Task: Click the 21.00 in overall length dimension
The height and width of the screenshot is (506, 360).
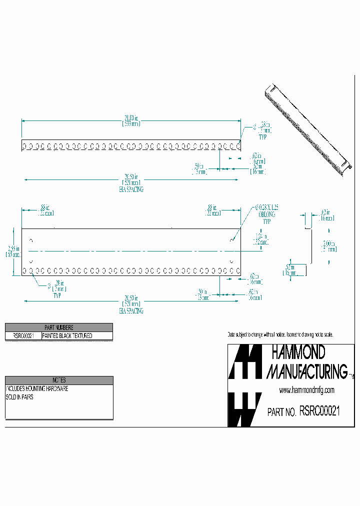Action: pos(131,120)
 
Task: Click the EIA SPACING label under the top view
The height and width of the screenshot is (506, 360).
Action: pos(131,189)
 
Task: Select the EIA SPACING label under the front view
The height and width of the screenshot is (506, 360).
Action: pos(131,310)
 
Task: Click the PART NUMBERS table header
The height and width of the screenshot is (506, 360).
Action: pos(59,327)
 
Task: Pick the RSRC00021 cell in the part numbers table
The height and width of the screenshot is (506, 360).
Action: pos(20,336)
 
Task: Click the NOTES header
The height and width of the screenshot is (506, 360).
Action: pos(59,380)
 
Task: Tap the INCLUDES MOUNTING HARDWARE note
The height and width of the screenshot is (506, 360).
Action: pos(37,388)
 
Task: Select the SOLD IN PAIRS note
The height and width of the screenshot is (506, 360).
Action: pos(20,397)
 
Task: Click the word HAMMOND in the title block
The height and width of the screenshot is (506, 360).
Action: pos(298,353)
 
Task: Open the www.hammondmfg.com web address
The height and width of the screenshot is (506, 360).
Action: pos(306,390)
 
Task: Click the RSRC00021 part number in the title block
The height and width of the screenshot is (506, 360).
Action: pos(320,411)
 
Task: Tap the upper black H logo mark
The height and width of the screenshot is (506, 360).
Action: pos(244,362)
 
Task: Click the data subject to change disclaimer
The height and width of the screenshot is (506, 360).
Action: pos(280,334)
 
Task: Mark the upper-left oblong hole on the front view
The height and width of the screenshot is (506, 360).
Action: pos(31,240)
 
